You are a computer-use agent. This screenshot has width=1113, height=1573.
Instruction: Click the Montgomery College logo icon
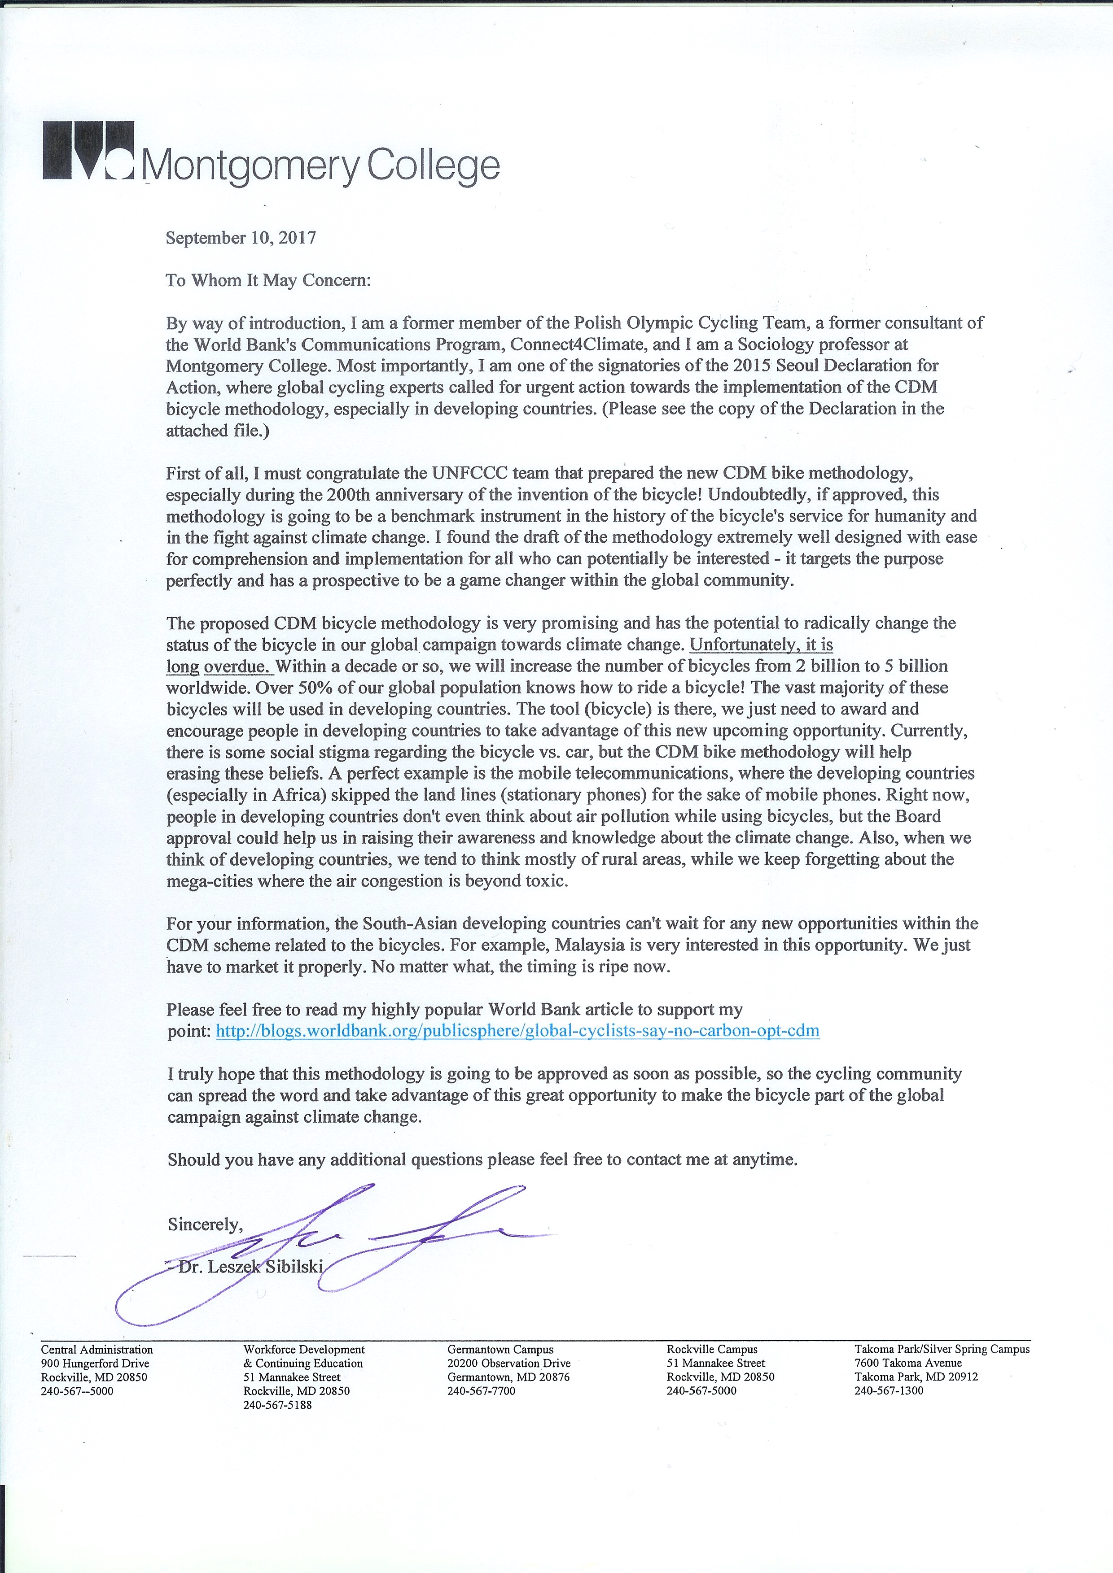(x=87, y=151)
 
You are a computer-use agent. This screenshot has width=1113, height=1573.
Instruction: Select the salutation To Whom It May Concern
(x=268, y=280)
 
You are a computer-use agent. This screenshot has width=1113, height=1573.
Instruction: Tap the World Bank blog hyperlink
(x=517, y=1031)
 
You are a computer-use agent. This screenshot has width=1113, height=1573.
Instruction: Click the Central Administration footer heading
(x=96, y=1350)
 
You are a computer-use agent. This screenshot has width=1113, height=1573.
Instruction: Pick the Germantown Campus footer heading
(x=500, y=1350)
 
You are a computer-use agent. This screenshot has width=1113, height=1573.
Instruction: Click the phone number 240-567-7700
(x=481, y=1391)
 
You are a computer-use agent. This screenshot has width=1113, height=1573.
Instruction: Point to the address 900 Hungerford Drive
(x=95, y=1364)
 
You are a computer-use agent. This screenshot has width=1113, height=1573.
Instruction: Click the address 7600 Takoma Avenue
(x=908, y=1364)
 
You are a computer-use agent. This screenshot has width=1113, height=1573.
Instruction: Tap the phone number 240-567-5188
(x=277, y=1405)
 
